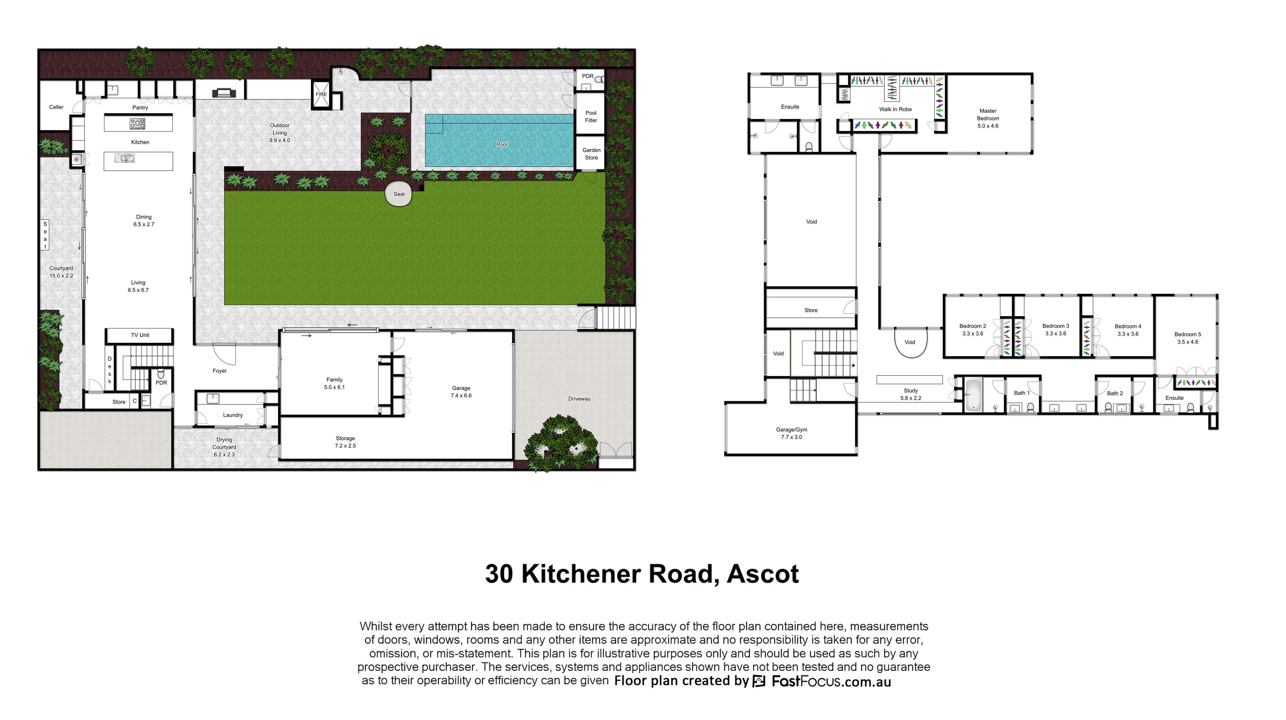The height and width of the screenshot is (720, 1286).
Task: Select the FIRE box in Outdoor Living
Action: (x=321, y=95)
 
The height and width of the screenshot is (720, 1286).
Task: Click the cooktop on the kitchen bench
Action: (x=137, y=123)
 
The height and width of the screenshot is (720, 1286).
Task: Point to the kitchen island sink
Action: (x=124, y=158)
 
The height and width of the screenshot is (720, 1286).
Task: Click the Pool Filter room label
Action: (x=591, y=116)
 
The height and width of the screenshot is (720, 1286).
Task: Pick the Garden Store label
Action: (x=592, y=154)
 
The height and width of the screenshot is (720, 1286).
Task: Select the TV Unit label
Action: (x=140, y=335)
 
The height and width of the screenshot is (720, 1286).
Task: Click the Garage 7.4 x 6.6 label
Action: (x=461, y=392)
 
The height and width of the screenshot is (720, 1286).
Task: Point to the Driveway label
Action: (x=579, y=399)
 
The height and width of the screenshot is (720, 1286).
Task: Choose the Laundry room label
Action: (x=233, y=415)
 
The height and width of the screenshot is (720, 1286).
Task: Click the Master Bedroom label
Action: (x=988, y=119)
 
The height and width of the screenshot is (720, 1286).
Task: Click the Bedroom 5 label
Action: (x=1188, y=338)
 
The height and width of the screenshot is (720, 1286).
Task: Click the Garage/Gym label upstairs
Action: (x=791, y=433)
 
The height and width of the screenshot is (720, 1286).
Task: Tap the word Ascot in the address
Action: (x=763, y=574)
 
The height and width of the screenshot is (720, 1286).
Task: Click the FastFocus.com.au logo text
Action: (x=831, y=681)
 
